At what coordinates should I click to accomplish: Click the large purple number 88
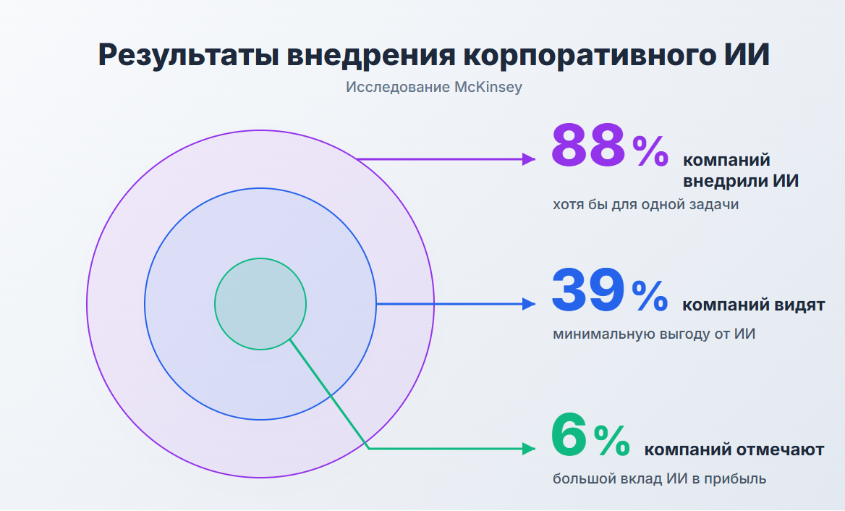(x=587, y=145)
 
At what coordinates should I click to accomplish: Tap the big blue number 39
(x=587, y=290)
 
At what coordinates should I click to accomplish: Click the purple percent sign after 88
(x=651, y=151)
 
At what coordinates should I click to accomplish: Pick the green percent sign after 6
(x=611, y=441)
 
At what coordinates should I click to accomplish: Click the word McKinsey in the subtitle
(x=488, y=88)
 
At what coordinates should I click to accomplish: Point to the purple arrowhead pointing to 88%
(x=529, y=159)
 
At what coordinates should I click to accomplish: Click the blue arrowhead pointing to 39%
(x=529, y=304)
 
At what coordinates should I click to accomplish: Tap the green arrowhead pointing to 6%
(x=529, y=449)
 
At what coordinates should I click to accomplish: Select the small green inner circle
(x=260, y=304)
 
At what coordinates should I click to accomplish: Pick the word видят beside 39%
(x=798, y=305)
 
